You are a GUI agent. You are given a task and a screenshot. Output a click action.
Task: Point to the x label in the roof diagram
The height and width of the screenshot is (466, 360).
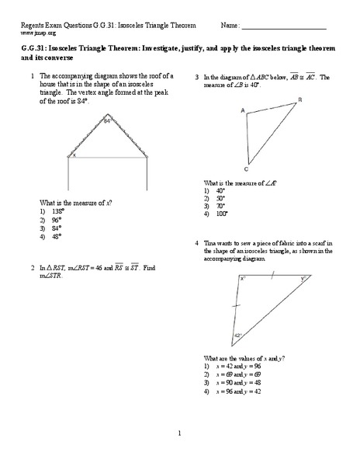click(74, 155)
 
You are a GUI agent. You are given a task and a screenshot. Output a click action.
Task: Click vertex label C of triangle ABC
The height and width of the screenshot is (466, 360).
click(247, 169)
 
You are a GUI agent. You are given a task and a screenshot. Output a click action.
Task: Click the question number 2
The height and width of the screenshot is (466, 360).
click(32, 268)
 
